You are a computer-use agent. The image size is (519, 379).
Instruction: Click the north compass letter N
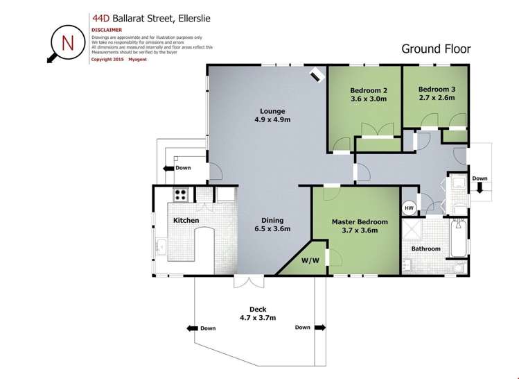pos(68,42)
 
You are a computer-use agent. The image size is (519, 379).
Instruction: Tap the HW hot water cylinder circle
pos(410,208)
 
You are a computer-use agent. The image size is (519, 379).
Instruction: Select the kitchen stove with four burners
pos(180,194)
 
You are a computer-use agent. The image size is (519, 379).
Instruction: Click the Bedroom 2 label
pos(369,90)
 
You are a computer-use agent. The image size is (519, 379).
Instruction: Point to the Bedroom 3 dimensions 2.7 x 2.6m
pos(437,98)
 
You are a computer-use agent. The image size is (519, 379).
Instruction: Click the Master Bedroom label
pos(360,222)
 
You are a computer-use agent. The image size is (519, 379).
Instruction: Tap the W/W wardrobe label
pos(310,260)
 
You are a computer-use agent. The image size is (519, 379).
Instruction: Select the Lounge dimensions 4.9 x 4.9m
pos(272,119)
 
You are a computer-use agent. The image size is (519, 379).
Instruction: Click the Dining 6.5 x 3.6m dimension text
pos(272,229)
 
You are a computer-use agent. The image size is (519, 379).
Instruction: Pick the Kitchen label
pos(186,221)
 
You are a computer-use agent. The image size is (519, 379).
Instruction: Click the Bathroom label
pos(426,249)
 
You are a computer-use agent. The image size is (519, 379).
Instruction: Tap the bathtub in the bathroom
pos(459,237)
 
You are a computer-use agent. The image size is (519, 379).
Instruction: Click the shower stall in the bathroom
pos(412,229)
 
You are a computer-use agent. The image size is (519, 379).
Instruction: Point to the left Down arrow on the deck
pos(193,328)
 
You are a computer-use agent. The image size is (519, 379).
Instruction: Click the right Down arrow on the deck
pos(319,328)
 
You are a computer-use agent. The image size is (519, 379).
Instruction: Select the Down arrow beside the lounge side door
pos(169,169)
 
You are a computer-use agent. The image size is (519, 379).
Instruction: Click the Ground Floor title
pos(436,49)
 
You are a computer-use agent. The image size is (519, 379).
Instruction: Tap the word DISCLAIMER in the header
pos(107,30)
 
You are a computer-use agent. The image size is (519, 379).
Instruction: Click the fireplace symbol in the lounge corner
pos(317,75)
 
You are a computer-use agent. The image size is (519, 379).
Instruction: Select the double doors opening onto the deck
pos(249,283)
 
